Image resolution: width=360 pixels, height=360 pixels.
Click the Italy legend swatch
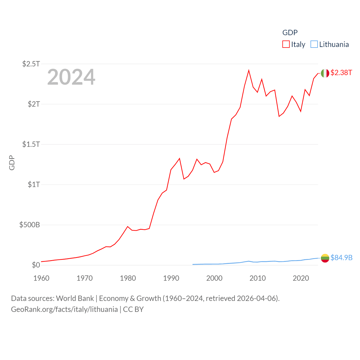click(x=286, y=44)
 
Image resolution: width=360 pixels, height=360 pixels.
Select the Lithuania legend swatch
click(x=314, y=44)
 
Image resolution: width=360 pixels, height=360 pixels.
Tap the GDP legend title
click(x=290, y=33)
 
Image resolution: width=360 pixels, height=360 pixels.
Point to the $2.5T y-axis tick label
click(x=31, y=64)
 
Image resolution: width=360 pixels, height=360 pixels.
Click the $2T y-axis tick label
click(x=34, y=104)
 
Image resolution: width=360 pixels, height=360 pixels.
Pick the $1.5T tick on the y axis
click(x=31, y=144)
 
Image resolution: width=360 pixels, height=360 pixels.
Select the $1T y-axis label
click(x=34, y=184)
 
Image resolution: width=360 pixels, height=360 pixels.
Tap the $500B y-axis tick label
click(x=30, y=225)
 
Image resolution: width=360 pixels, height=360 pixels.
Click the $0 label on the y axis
click(x=36, y=265)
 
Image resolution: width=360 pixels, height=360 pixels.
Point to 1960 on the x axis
click(x=41, y=278)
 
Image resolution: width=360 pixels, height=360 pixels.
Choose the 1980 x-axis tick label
click(x=128, y=278)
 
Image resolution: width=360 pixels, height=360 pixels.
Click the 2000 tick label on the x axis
click(x=214, y=278)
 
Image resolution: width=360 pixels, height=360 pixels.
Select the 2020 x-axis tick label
click(x=301, y=278)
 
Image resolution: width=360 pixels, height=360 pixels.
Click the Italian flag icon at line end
click(x=325, y=73)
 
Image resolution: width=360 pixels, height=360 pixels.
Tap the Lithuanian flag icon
click(x=325, y=258)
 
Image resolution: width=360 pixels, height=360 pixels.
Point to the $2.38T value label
click(x=341, y=73)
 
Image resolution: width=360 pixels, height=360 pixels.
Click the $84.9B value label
click(x=341, y=258)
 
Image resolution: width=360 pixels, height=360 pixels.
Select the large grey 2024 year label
click(x=71, y=77)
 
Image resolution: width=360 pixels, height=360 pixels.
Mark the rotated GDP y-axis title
click(x=12, y=163)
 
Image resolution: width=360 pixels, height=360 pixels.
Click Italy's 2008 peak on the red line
click(x=249, y=70)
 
